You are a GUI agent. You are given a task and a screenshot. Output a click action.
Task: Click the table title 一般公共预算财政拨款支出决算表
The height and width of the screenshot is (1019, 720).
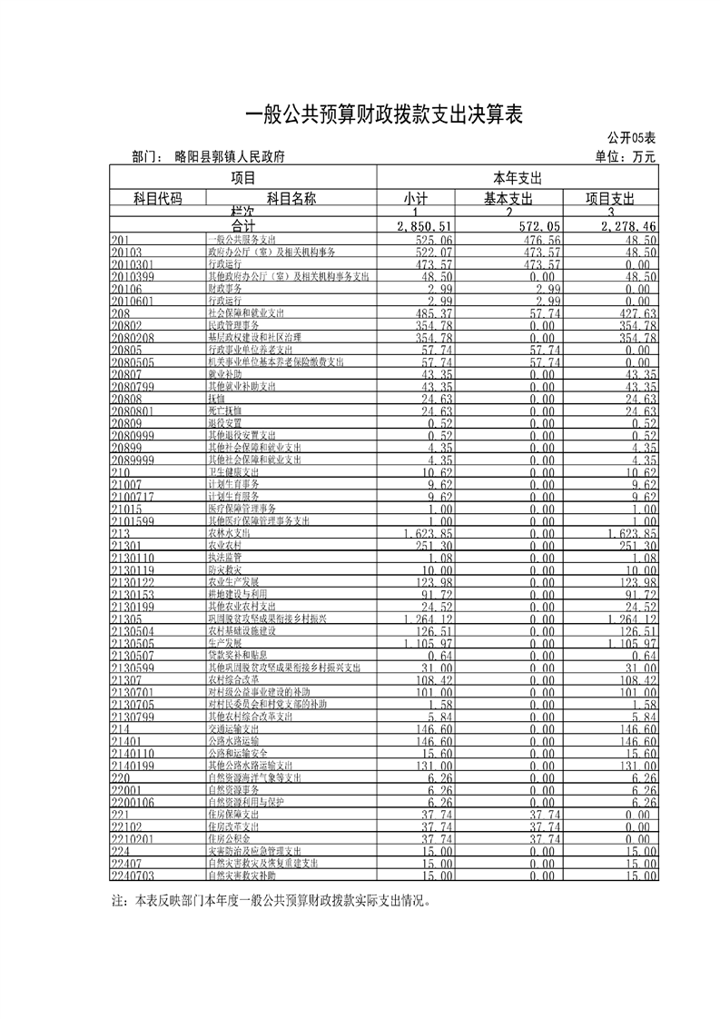386,114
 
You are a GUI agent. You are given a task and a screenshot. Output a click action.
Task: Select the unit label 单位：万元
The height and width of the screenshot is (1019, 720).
626,156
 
